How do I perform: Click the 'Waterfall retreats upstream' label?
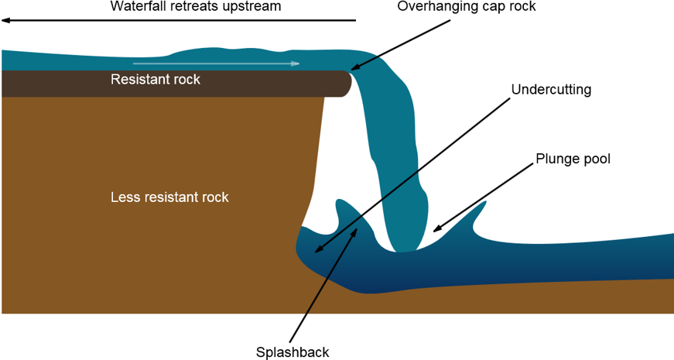tap(196, 6)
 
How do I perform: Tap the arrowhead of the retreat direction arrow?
tap(6, 20)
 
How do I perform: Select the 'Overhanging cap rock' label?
tap(467, 6)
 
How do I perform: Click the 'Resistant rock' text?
tap(156, 80)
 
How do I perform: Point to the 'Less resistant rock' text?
tap(169, 197)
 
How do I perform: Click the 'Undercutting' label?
tap(551, 90)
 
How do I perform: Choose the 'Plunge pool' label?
tap(573, 159)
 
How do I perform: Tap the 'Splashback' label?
tap(293, 351)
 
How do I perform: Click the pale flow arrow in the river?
tap(216, 63)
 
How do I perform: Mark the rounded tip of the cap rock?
tap(349, 84)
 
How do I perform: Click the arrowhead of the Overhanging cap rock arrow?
tap(355, 67)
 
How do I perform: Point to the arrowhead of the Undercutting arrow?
tap(319, 249)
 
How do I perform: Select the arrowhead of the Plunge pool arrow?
tap(437, 229)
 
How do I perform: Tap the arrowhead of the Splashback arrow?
tap(355, 233)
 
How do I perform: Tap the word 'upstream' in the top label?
tap(252, 7)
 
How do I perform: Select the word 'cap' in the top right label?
tap(493, 7)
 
